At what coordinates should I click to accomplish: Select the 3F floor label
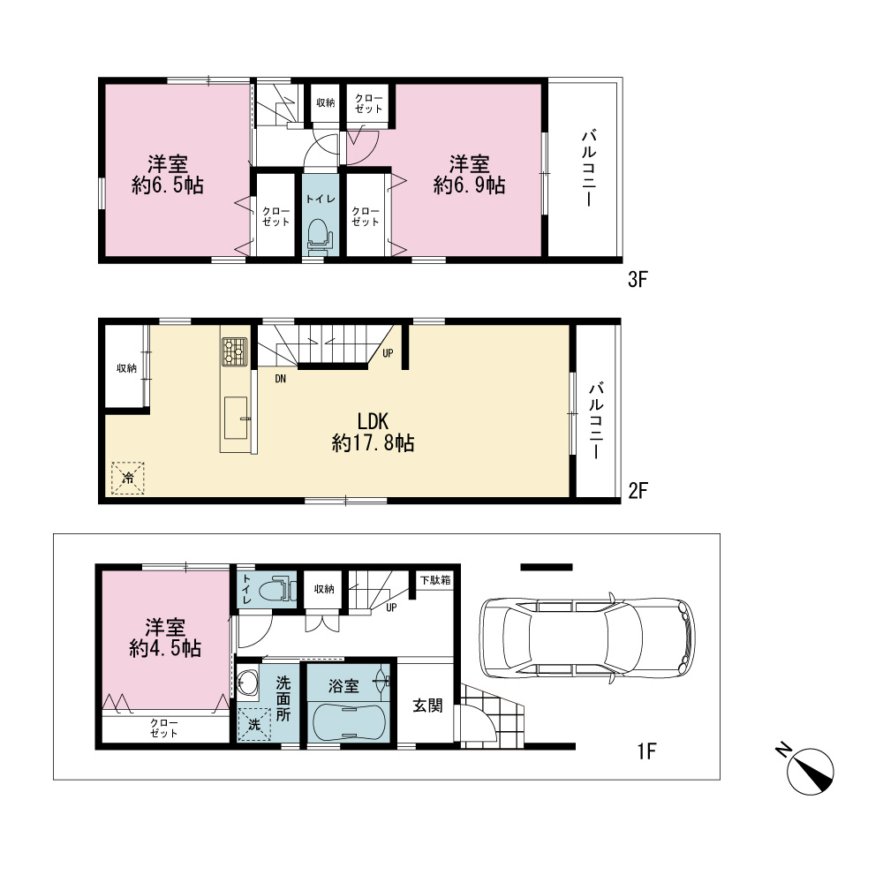tap(638, 279)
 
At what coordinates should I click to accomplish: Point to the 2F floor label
tap(638, 490)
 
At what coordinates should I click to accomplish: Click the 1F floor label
tap(646, 751)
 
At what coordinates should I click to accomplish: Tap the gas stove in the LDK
tap(234, 351)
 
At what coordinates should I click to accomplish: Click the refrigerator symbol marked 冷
tap(128, 478)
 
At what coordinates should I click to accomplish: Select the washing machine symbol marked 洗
tap(253, 724)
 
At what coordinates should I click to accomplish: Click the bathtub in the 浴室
tap(349, 722)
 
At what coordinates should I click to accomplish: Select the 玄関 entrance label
tap(427, 706)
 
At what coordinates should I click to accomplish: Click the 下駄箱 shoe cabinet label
tap(436, 580)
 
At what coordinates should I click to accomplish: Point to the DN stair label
tap(280, 379)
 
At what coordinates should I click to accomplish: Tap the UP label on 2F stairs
tap(388, 353)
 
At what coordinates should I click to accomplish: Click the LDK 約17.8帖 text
tap(373, 433)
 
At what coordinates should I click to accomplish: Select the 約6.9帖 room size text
tap(469, 185)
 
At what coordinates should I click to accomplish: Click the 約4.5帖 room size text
tap(165, 649)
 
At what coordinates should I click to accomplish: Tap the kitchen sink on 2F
tap(236, 418)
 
